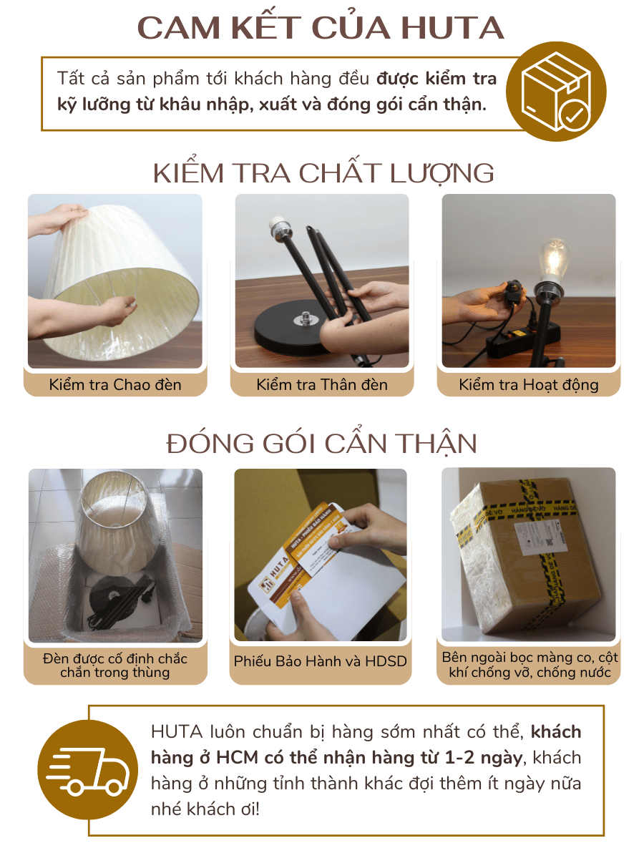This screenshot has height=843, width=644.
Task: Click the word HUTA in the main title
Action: pos(452,28)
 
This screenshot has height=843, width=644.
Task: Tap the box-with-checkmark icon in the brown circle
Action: pos(556,92)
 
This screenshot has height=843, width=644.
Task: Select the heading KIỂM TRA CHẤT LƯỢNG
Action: pos(323,173)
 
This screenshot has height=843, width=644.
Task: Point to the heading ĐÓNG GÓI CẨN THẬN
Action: pos(322,444)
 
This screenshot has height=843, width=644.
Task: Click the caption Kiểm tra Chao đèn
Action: pos(115,384)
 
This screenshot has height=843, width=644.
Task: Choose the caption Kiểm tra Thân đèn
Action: pos(322,384)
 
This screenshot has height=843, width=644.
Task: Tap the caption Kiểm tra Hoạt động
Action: pos(529,384)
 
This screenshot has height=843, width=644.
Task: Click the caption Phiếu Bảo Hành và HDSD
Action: pos(321,661)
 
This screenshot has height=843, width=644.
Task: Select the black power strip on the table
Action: pos(522,341)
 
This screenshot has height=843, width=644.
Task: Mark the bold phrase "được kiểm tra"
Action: pos(436,78)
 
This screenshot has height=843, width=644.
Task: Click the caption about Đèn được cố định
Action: pos(115,665)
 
